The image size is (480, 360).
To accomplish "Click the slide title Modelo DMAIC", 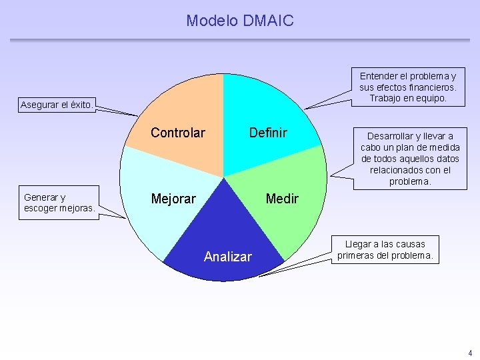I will coord(239,21).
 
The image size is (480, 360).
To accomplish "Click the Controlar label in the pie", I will coord(178,133).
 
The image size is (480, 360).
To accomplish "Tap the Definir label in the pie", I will coord(267,133).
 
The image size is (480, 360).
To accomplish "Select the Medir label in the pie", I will coord(282,199).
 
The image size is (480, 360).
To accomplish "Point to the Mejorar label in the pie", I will coord(173,199).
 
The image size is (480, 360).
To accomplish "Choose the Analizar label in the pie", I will coord(228,257).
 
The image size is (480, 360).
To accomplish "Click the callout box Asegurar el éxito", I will coord(57,105).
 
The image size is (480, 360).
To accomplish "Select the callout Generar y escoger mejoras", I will coord(59,203).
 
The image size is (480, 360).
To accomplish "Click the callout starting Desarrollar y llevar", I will coord(410,158).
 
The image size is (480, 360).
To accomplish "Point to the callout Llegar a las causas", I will coord(385,250).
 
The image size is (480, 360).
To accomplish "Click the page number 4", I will coord(469,353).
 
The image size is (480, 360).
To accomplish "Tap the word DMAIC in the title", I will coord(269,21).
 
